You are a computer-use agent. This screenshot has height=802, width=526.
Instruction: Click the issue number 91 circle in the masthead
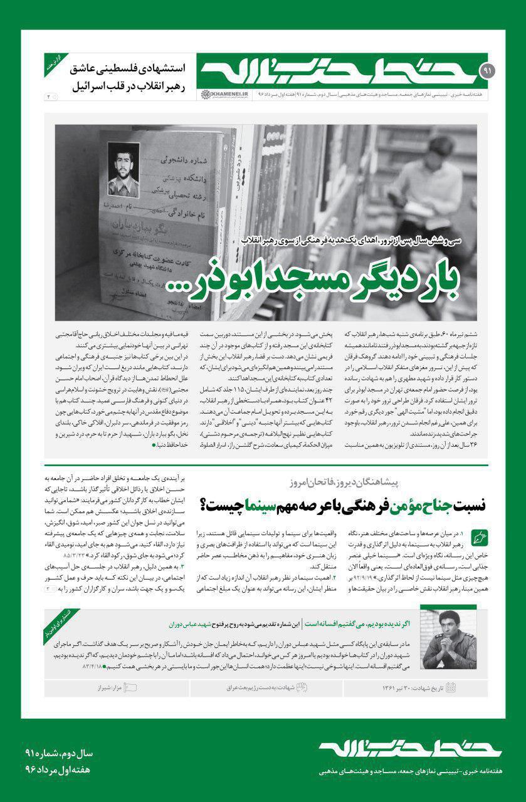(487, 73)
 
